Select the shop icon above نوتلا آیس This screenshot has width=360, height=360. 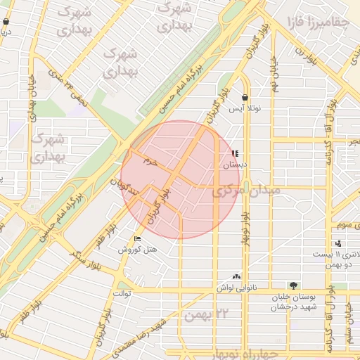(245, 98)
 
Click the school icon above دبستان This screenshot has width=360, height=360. (235, 153)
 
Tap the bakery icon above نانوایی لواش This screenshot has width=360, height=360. (236, 277)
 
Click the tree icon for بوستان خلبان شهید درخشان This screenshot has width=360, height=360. (292, 285)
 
